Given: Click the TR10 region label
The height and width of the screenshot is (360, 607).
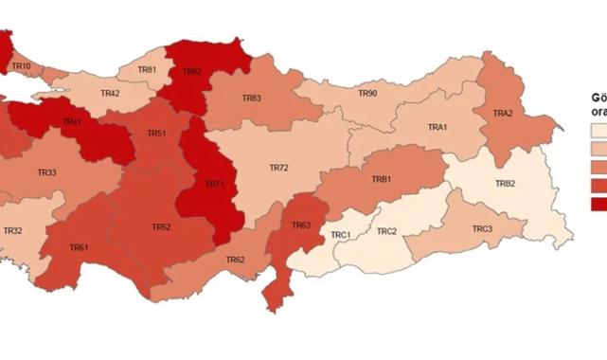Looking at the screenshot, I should [x=22, y=65].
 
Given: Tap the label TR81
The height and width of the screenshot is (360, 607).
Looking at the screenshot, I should [x=147, y=70].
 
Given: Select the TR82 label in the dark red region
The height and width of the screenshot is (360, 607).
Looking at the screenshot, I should [x=192, y=70].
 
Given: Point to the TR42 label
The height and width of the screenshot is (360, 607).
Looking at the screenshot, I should [x=109, y=94].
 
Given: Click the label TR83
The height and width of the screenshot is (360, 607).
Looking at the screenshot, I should [x=251, y=98].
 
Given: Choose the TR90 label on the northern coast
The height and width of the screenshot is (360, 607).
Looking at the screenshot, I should [x=367, y=94].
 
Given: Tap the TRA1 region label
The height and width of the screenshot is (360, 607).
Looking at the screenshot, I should [x=437, y=127].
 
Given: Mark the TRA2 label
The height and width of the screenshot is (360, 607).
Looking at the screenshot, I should [x=502, y=114].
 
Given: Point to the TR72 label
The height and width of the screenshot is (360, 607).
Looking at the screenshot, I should [x=278, y=168].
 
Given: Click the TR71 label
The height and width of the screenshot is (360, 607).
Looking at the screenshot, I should [x=214, y=183].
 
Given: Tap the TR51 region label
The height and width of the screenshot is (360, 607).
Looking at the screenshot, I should [x=156, y=134].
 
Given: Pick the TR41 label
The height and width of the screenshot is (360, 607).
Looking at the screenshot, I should [x=72, y=122].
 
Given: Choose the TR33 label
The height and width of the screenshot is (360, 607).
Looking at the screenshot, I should [x=46, y=172].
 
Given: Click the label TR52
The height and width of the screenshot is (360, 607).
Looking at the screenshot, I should [x=161, y=227].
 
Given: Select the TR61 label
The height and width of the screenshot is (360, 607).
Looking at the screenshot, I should [x=79, y=247].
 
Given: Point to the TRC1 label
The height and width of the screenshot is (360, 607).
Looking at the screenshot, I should [x=340, y=234].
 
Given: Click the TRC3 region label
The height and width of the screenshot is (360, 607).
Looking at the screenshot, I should [x=482, y=229].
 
